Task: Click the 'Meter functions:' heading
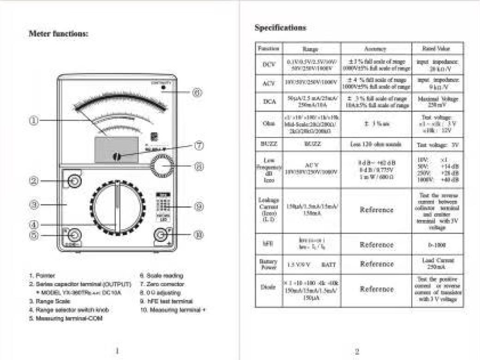click(x=59, y=34)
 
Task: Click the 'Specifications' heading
click(x=280, y=28)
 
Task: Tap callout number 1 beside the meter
click(x=34, y=120)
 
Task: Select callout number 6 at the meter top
click(x=197, y=92)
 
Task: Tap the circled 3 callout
click(x=34, y=204)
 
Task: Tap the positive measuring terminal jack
click(x=161, y=235)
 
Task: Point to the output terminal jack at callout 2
click(x=73, y=181)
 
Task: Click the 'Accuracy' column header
click(x=376, y=48)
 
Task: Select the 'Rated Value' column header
click(x=437, y=48)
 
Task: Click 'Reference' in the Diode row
click(x=377, y=289)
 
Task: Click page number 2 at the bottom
click(x=357, y=352)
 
